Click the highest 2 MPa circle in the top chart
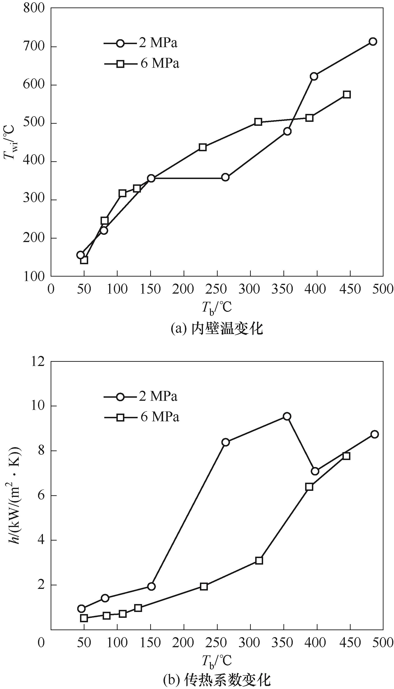[x=373, y=41]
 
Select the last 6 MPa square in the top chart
[x=347, y=95]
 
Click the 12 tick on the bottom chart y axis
[x=38, y=362]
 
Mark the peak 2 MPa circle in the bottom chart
[x=287, y=416]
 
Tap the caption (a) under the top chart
[x=217, y=329]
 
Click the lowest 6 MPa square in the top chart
[x=84, y=260]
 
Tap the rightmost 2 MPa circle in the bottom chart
[x=374, y=434]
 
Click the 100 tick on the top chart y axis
[x=34, y=277]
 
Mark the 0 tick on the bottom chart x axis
[x=41, y=643]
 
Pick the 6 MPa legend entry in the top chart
[x=142, y=64]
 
